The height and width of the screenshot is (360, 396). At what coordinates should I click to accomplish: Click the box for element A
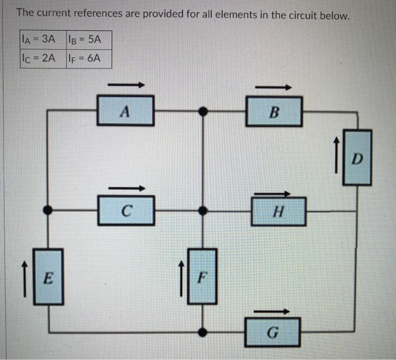[126, 111]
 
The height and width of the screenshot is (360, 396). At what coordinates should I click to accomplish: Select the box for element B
[274, 111]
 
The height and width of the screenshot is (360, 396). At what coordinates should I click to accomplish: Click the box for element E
[49, 277]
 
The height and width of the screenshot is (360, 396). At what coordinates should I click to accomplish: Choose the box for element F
[201, 277]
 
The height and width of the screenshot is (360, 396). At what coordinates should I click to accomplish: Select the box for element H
[277, 212]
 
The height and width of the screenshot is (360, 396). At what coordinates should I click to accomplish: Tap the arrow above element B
[274, 87]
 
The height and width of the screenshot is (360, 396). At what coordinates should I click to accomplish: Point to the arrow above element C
[127, 188]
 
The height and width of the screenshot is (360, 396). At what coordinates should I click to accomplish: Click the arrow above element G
[273, 311]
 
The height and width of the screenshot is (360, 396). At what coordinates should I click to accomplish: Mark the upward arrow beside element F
[181, 277]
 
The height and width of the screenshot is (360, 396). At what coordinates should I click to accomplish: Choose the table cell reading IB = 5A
[88, 40]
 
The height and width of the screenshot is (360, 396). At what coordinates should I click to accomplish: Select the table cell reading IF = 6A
[88, 58]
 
